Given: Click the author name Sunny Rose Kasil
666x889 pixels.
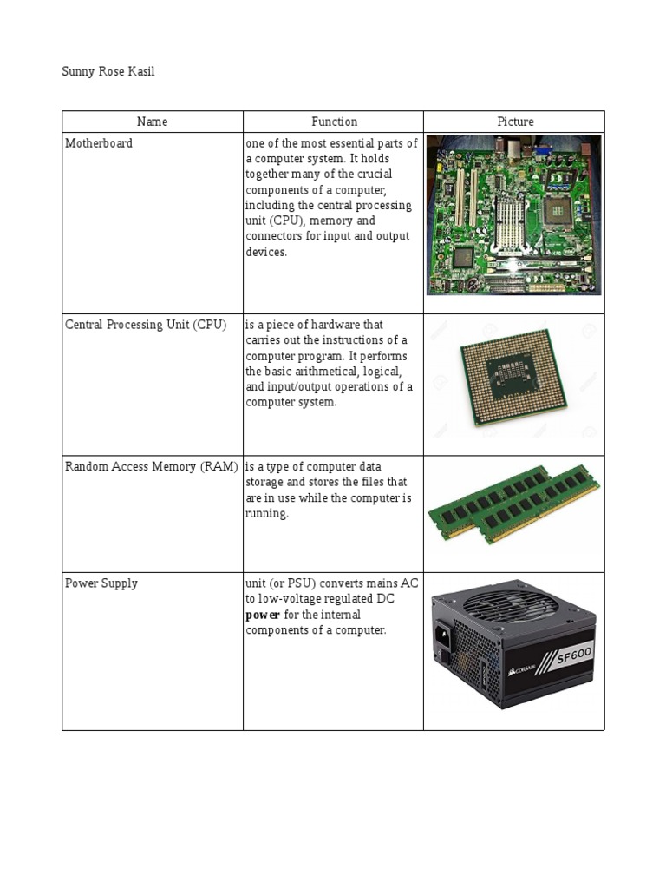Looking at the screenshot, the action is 108,71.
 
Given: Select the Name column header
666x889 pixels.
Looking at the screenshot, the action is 153,122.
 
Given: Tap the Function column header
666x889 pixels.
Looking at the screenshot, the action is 334,122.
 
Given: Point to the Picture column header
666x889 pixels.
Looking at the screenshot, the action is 515,122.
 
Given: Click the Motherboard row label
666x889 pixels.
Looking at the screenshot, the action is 99,143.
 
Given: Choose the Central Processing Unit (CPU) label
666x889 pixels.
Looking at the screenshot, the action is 146,325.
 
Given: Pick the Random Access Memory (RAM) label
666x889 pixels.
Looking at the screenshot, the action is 152,467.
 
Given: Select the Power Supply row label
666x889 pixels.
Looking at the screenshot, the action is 101,583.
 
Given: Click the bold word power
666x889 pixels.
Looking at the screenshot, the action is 262,615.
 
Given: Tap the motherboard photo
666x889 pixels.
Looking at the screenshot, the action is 514,214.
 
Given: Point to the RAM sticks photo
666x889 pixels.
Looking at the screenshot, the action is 514,504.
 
